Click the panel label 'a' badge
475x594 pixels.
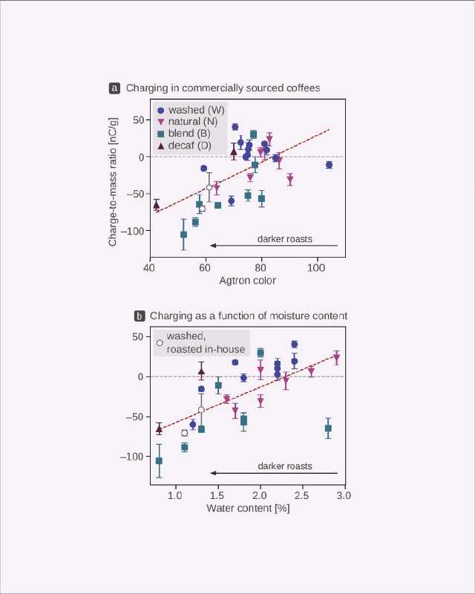(114, 88)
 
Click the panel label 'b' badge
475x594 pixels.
(139, 316)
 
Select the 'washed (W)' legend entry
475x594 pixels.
(196, 110)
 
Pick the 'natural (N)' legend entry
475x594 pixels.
(193, 122)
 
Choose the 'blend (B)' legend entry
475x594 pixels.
(189, 134)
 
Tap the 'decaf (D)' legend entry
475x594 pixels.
(189, 146)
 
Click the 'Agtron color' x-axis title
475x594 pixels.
(248, 281)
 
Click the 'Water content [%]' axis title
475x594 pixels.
(248, 509)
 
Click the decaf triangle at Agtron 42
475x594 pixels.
(156, 205)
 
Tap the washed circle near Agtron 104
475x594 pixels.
(329, 165)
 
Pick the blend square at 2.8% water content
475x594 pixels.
(328, 428)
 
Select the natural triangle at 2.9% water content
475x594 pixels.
(336, 358)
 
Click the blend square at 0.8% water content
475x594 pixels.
(159, 461)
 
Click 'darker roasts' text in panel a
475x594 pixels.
(284, 239)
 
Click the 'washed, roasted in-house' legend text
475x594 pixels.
(195, 343)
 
